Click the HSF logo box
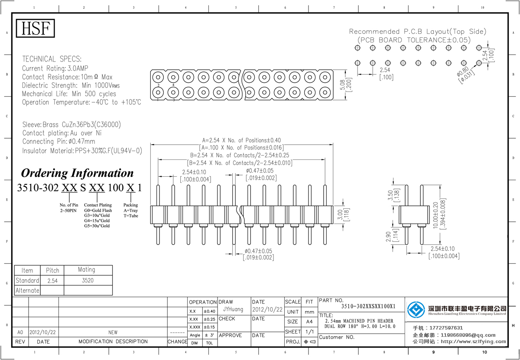pyautogui.click(x=36, y=29)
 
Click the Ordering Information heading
pyautogui.click(x=77, y=173)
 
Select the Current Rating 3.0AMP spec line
pyautogui.click(x=55, y=68)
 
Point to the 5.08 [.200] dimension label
pyautogui.click(x=345, y=85)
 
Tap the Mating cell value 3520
pyautogui.click(x=87, y=280)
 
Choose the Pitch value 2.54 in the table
pyautogui.click(x=52, y=281)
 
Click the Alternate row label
pyautogui.click(x=27, y=290)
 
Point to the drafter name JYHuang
pyautogui.click(x=234, y=310)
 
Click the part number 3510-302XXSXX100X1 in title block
pyautogui.click(x=368, y=306)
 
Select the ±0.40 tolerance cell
pyautogui.click(x=209, y=311)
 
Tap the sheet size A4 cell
pyautogui.click(x=309, y=321)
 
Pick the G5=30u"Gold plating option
pyautogui.click(x=97, y=226)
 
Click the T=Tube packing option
pyautogui.click(x=130, y=216)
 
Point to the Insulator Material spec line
pyautogui.click(x=82, y=151)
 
